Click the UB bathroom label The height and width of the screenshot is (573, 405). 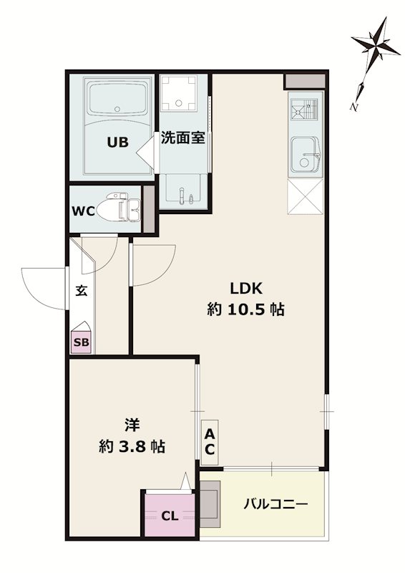(x=118, y=142)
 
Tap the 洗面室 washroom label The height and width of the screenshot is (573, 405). (x=182, y=138)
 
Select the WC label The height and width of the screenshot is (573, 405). (x=84, y=212)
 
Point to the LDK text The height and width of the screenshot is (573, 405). (x=247, y=289)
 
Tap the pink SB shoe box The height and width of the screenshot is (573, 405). (x=82, y=342)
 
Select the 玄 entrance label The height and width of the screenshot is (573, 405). (x=81, y=292)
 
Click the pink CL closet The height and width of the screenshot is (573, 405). (x=170, y=515)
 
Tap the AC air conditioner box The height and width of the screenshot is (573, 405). (x=210, y=441)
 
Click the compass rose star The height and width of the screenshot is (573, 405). (x=374, y=44)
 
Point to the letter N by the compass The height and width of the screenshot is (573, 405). (x=354, y=105)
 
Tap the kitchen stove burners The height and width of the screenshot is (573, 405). (x=304, y=110)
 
